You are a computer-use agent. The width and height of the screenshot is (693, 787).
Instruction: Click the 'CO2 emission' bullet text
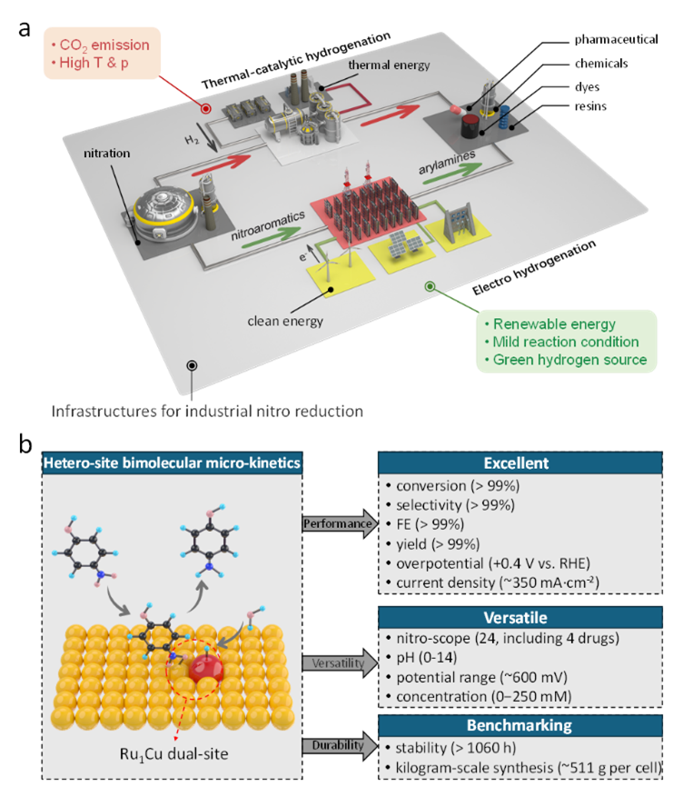tap(104, 45)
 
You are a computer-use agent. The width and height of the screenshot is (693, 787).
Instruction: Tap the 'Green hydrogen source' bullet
tap(569, 359)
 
